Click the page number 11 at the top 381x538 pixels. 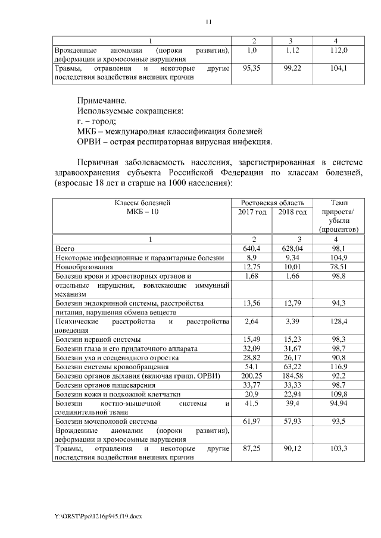coord(208,22)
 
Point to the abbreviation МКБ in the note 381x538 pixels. coord(89,131)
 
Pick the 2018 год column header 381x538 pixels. coord(292,212)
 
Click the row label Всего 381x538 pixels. coord(65,248)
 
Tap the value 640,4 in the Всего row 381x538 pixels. coord(252,248)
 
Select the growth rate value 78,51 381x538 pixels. coord(336,266)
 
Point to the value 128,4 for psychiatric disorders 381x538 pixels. coord(336,322)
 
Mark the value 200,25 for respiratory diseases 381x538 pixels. coord(252,376)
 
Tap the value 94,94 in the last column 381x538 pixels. coord(336,404)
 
